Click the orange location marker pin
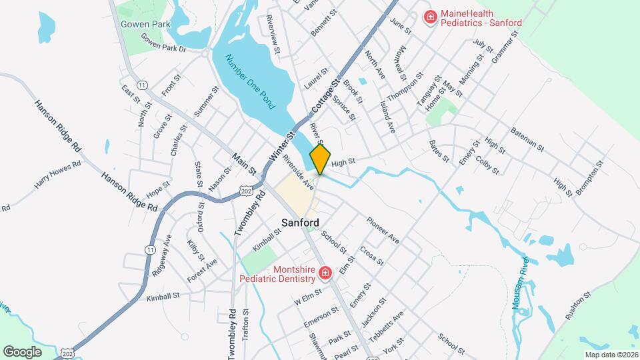pyautogui.click(x=320, y=158)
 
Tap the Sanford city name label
pyautogui.click(x=300, y=223)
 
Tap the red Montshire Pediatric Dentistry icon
pyautogui.click(x=325, y=273)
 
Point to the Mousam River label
pyautogui.click(x=524, y=280)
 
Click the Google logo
pyautogui.click(x=22, y=351)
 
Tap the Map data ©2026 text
pyautogui.click(x=610, y=355)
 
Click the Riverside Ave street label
pyautogui.click(x=298, y=170)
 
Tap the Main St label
pyautogui.click(x=244, y=165)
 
